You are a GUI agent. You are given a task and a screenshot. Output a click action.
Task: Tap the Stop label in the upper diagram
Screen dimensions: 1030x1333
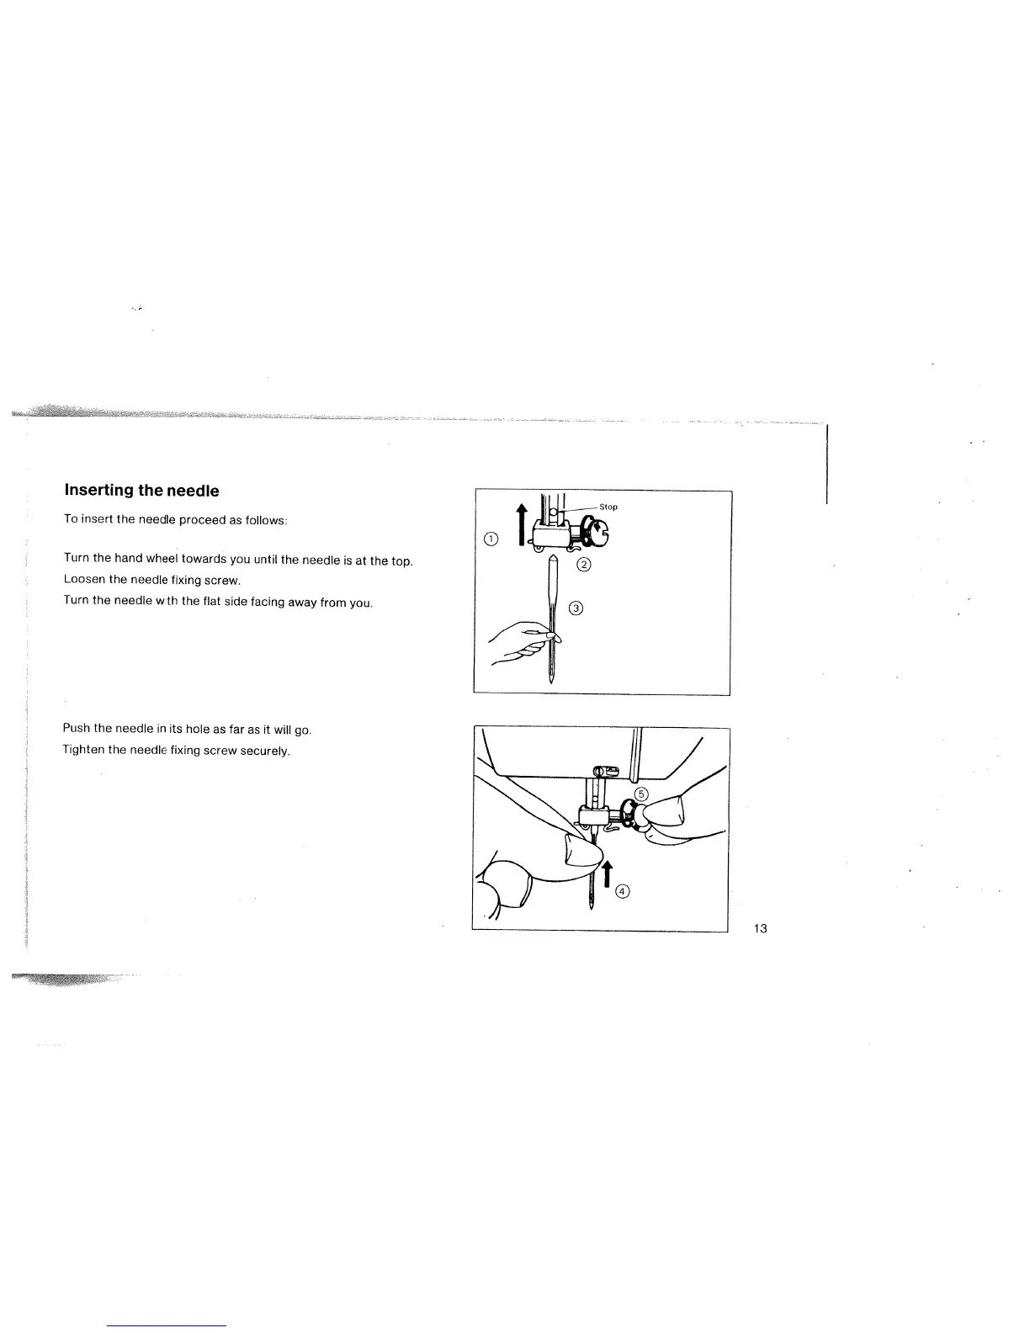pyautogui.click(x=608, y=507)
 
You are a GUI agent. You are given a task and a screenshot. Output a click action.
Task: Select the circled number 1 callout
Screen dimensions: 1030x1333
pyautogui.click(x=492, y=539)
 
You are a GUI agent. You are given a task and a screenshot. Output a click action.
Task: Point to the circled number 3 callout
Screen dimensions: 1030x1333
pyautogui.click(x=577, y=608)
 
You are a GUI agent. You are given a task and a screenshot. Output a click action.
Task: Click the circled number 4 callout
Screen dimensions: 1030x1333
pyautogui.click(x=623, y=892)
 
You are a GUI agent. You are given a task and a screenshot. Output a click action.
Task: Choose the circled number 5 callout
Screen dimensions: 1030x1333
pyautogui.click(x=641, y=794)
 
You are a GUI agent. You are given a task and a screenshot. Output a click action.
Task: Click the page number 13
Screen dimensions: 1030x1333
pyautogui.click(x=760, y=928)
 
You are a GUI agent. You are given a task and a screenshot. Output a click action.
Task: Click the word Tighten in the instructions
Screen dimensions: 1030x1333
pyautogui.click(x=84, y=750)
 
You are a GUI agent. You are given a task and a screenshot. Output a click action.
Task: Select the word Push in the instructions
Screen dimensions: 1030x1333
pyautogui.click(x=76, y=728)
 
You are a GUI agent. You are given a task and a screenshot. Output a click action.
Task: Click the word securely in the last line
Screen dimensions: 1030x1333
pyautogui.click(x=266, y=751)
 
